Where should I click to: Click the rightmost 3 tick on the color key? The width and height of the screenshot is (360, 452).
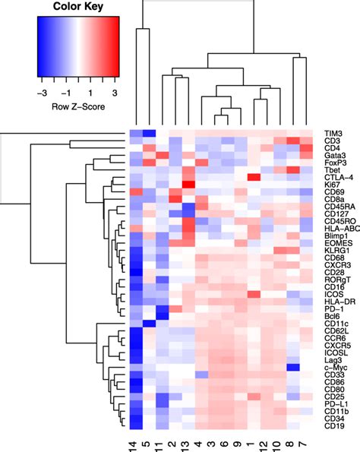(x=115, y=90)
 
